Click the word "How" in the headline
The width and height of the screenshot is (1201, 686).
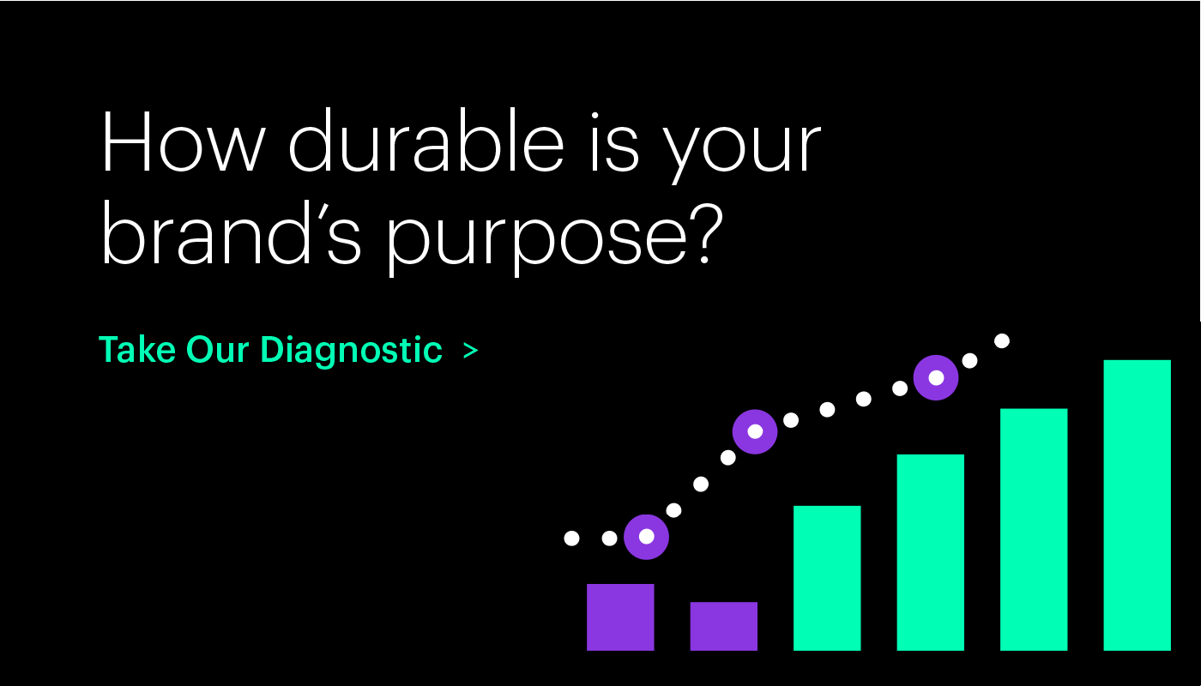pyautogui.click(x=183, y=141)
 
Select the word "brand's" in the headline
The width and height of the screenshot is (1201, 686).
pyautogui.click(x=231, y=232)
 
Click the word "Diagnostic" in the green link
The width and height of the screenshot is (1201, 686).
pyautogui.click(x=352, y=351)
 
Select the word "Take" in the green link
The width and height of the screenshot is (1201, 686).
pyautogui.click(x=137, y=350)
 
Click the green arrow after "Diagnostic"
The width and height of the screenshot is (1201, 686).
pyautogui.click(x=471, y=351)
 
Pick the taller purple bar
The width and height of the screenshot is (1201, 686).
pyautogui.click(x=620, y=617)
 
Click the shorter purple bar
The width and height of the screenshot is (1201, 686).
pyautogui.click(x=724, y=626)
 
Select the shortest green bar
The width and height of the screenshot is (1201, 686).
pyautogui.click(x=827, y=578)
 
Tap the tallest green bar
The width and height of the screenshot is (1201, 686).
pyautogui.click(x=1138, y=505)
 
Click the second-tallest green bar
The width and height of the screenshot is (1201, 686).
pyautogui.click(x=1034, y=530)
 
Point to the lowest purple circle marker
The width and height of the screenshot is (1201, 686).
pyautogui.click(x=646, y=537)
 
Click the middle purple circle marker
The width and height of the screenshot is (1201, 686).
pyautogui.click(x=755, y=431)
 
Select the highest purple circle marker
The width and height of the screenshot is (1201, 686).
pyautogui.click(x=936, y=377)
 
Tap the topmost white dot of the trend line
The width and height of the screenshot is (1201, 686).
pyautogui.click(x=1002, y=341)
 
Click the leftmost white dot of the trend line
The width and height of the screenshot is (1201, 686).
pyautogui.click(x=571, y=539)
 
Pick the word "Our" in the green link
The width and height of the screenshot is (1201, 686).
pyautogui.click(x=217, y=350)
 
